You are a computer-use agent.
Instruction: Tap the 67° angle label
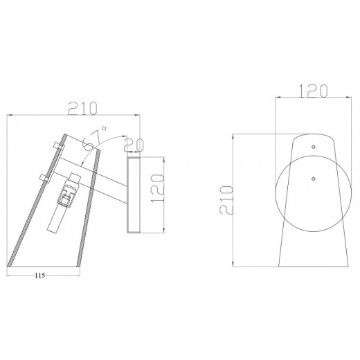pyautogui.click(x=91, y=143)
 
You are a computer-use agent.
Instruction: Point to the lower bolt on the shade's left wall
pyautogui.click(x=45, y=177)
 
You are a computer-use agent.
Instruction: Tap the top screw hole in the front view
pyautogui.click(x=312, y=146)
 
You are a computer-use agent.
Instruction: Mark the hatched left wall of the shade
pyautogui.click(x=35, y=201)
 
